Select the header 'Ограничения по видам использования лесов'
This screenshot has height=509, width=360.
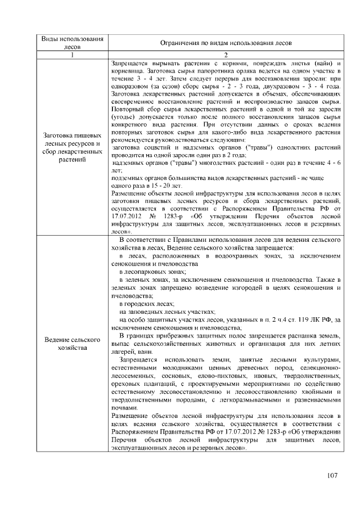point(224,43)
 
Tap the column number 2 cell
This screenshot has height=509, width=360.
point(224,55)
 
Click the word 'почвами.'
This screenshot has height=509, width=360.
point(124,407)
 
